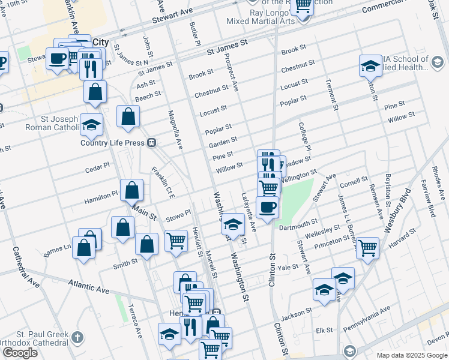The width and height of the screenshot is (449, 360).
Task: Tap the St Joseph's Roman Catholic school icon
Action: pyautogui.click(x=92, y=125)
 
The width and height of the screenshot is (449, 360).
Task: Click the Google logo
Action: pyautogui.click(x=20, y=353)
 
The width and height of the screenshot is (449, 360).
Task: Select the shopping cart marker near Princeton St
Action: pyautogui.click(x=367, y=247)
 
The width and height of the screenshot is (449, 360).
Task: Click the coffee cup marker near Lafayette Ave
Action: pyautogui.click(x=267, y=208)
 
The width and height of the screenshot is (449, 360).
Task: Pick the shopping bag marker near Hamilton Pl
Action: pyautogui.click(x=132, y=190)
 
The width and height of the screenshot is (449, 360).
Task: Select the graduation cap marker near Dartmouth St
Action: pyautogui.click(x=233, y=225)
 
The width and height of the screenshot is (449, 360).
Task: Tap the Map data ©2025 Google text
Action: pyautogui.click(x=412, y=355)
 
